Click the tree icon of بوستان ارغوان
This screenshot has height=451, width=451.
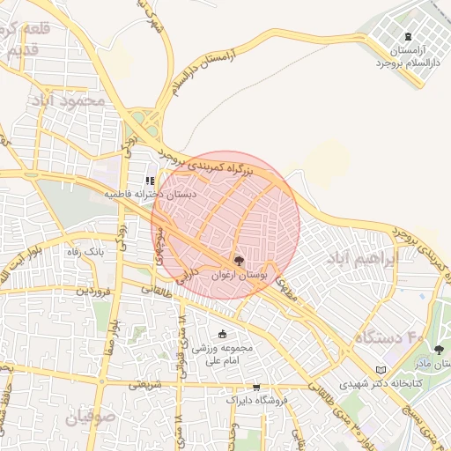pyautogui.click(x=238, y=261)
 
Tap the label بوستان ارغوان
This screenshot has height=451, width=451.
pyautogui.click(x=238, y=276)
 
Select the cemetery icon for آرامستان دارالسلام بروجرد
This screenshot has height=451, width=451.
pyautogui.click(x=406, y=37)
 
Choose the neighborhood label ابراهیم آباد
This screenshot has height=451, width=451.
pyautogui.click(x=362, y=259)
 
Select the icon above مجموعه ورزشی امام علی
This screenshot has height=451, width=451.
pyautogui.click(x=221, y=334)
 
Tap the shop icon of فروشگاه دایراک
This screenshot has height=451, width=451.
pyautogui.click(x=256, y=387)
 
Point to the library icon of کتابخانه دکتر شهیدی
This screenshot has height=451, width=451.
pyautogui.click(x=381, y=370)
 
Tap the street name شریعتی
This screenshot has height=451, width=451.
pyautogui.click(x=145, y=384)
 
